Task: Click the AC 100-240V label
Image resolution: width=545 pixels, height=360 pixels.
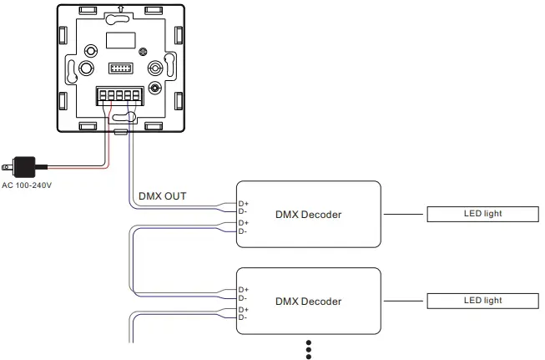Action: coord(27,185)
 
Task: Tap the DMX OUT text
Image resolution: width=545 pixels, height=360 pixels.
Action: coord(162,196)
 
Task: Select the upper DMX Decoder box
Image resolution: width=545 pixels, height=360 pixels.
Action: coord(308,215)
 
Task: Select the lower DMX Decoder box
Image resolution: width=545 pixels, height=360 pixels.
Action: coord(308,301)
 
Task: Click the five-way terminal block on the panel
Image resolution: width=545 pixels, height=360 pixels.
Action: coord(118,96)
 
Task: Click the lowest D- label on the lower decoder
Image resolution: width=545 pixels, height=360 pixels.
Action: coord(243,317)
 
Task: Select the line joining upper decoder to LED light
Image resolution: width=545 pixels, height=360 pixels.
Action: coord(405,215)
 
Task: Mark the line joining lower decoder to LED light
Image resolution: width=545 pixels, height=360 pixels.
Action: coord(405,301)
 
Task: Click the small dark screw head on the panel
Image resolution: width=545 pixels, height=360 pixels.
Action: coord(154,88)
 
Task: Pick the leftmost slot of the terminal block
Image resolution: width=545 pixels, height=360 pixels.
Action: coord(103,97)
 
